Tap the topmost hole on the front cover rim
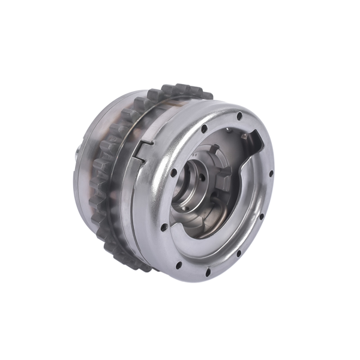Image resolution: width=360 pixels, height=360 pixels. pos(239,115)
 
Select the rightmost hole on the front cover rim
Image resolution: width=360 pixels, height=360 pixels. pos(271,174)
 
